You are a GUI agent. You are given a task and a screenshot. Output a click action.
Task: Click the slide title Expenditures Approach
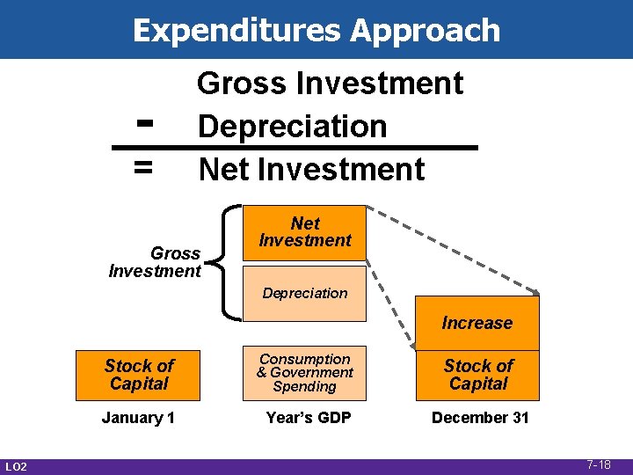point(316,30)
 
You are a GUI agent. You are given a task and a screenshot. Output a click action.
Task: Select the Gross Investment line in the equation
point(330,84)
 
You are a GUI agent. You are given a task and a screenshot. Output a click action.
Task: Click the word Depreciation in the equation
point(292,126)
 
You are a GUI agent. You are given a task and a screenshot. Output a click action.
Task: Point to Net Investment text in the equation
point(311,169)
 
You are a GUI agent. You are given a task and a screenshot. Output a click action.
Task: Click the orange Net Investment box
point(304,232)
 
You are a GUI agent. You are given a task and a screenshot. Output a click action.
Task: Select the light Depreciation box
point(304,293)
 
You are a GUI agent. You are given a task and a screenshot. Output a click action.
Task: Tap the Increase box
point(477,323)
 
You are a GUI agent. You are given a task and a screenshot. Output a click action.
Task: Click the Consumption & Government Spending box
point(304,373)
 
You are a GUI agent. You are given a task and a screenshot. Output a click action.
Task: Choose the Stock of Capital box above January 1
point(139,374)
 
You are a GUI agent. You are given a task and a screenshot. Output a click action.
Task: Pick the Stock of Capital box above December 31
point(477,374)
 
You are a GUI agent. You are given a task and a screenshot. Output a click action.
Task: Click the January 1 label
point(138,418)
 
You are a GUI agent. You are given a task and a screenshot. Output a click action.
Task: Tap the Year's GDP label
point(308,418)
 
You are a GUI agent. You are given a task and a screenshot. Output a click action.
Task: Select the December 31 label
point(480,418)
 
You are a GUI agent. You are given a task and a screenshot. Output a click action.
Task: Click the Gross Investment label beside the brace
point(155,262)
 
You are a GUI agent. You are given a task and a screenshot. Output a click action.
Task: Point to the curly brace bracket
point(230,261)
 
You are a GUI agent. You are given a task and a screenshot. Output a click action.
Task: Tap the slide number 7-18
point(599,464)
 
